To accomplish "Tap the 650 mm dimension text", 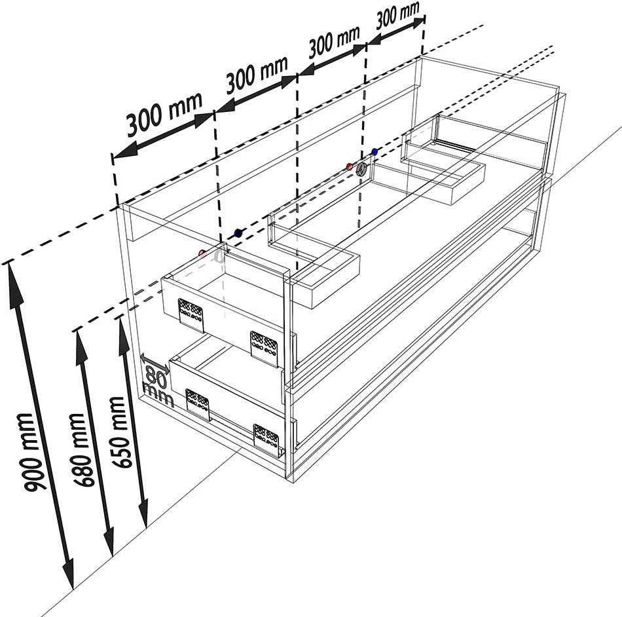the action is [119, 432].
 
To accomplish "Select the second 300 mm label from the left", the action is [257, 74].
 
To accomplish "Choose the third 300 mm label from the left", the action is [334, 41].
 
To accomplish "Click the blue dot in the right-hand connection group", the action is [375, 151].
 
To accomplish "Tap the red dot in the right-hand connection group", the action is [350, 166].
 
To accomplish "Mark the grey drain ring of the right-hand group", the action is [361, 170].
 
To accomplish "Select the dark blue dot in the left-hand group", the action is [238, 233].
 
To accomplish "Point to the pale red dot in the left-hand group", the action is [202, 253].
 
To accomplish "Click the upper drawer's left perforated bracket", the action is [191, 315].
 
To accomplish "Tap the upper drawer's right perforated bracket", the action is [264, 347].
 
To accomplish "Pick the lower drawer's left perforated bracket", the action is [198, 405].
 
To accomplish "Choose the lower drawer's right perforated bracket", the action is [266, 439].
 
